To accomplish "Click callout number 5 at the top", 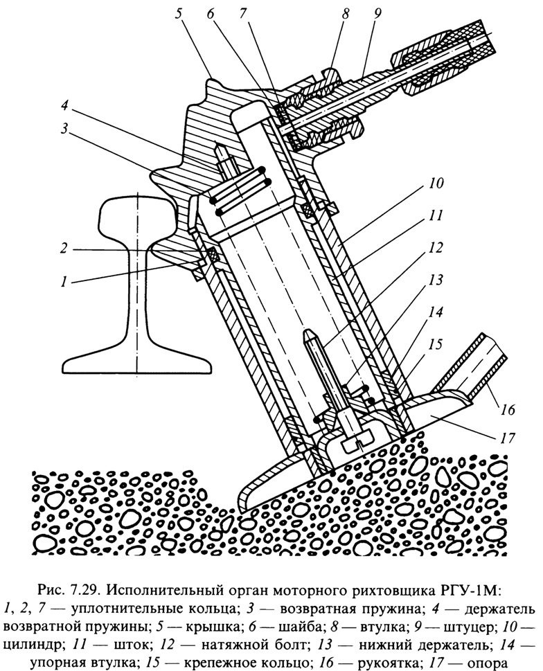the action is click(179, 14).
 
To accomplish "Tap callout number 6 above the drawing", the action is click(211, 14).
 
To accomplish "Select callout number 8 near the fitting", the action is click(345, 14).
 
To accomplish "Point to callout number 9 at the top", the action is click(376, 14).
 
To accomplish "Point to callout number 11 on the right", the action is click(435, 215).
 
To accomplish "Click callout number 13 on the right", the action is click(435, 280).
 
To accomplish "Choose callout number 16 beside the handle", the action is click(507, 409).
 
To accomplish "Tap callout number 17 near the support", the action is click(507, 438).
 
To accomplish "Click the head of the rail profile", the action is click(138, 213).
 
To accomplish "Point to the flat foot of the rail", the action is click(138, 362).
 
